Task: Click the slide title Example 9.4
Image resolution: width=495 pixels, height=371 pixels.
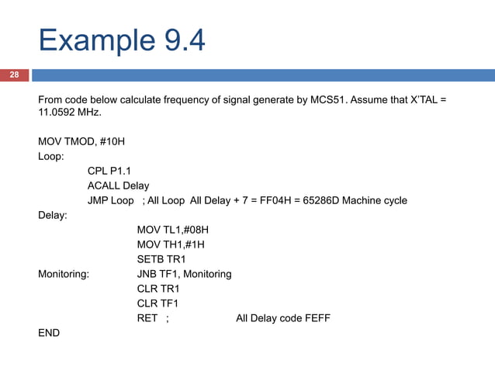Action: tap(122, 40)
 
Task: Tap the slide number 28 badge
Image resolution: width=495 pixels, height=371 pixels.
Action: tap(14, 75)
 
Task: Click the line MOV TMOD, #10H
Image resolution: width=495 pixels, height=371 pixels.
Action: tap(81, 141)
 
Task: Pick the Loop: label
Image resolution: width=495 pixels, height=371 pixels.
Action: tap(51, 156)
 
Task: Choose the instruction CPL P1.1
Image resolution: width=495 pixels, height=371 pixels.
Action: tap(109, 171)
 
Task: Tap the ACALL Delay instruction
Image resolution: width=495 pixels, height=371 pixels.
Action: tap(118, 185)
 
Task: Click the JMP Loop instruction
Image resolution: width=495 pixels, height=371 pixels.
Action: tap(110, 200)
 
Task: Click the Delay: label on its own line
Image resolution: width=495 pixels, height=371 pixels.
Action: tap(53, 215)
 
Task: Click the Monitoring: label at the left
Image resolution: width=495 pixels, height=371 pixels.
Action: tap(64, 274)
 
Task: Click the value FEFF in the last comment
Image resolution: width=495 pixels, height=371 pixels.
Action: tap(315, 318)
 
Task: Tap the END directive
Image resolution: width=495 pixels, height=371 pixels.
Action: tap(48, 333)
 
